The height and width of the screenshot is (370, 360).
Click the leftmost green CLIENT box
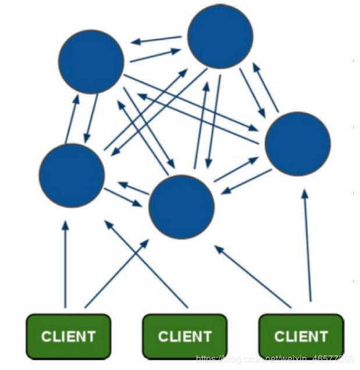69,336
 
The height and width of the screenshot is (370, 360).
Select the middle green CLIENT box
185,336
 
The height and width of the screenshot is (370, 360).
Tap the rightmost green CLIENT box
301,336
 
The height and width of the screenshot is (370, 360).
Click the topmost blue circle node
220,36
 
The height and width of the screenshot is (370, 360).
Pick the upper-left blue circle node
91,62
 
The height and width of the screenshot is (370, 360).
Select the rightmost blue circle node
298,144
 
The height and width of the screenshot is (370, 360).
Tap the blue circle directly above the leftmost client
72,176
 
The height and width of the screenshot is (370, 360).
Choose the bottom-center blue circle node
181,207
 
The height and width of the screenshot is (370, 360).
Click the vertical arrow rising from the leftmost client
65,264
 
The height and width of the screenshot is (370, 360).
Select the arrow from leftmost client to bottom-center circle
117,274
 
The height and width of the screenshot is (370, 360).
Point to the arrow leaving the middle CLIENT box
146,264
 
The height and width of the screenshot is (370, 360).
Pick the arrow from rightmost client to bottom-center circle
253,276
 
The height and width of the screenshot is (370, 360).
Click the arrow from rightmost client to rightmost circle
308,245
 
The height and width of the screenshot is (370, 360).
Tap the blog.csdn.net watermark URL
275,359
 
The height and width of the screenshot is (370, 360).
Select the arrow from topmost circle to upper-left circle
156,40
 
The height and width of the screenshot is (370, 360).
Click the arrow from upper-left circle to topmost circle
155,55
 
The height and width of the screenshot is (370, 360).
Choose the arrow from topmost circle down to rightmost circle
252,93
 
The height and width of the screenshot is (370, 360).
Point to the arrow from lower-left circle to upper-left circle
73,119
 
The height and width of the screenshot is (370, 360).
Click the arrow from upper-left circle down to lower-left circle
91,119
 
